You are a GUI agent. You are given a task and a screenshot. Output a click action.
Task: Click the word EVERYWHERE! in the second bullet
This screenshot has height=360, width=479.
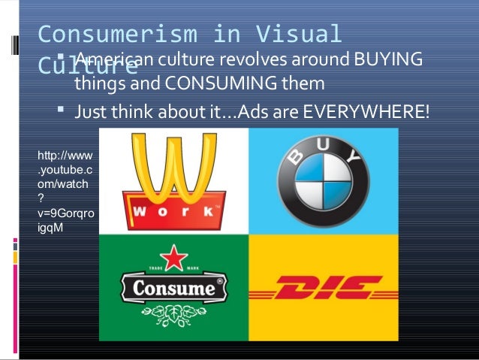pos(366,113)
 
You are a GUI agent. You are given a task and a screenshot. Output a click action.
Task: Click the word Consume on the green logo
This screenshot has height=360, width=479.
pos(172,288)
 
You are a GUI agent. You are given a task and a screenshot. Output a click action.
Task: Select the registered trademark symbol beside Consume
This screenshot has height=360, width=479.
pos(220,283)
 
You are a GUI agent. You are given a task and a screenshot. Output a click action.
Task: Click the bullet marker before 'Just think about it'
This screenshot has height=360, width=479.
pos(62,112)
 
